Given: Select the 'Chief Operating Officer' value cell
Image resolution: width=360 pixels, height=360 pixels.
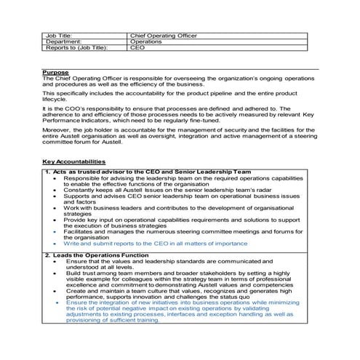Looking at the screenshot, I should (x=163, y=34).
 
